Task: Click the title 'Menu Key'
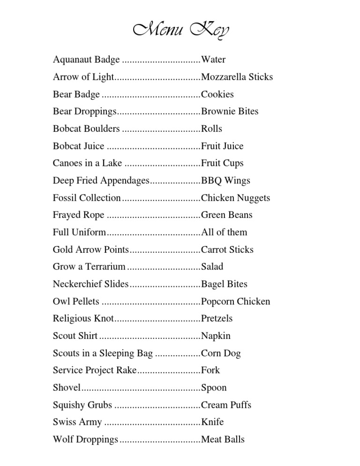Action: click(180, 30)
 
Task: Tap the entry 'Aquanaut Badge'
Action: click(86, 60)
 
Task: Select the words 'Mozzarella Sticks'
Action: click(237, 77)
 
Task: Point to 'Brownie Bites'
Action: click(230, 112)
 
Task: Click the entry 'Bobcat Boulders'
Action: click(86, 129)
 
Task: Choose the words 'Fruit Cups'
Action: click(222, 164)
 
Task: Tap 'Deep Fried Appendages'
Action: click(101, 180)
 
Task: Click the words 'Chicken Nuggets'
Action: click(235, 198)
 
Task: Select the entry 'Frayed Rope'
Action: click(79, 215)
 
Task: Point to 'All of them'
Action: click(224, 233)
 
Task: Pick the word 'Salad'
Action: click(212, 267)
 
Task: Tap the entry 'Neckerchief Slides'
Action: click(90, 284)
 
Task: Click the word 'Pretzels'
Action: click(217, 319)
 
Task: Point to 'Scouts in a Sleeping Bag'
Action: click(103, 353)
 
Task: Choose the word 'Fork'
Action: click(210, 370)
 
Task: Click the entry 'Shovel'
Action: click(67, 388)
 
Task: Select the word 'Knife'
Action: click(212, 422)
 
